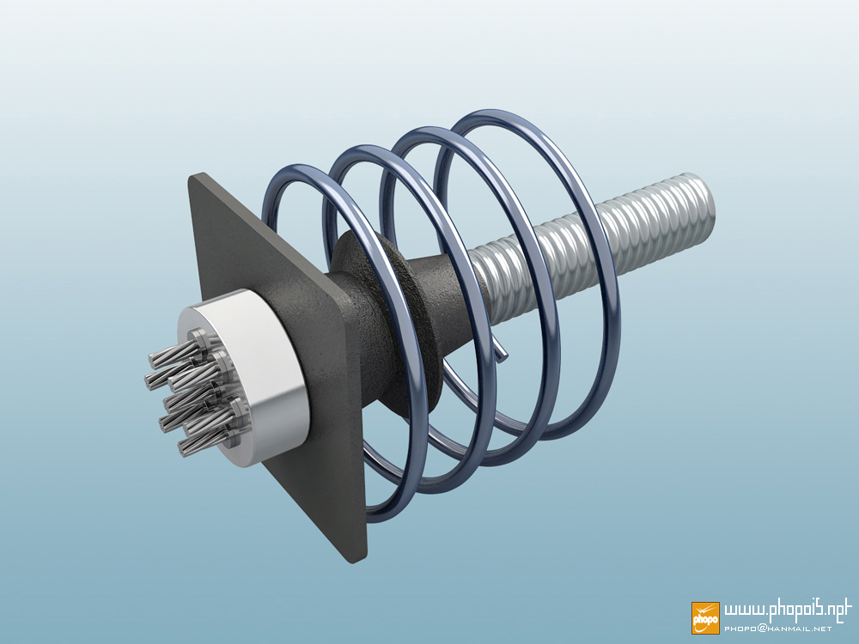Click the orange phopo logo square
click(x=705, y=617)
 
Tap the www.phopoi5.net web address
click(x=787, y=611)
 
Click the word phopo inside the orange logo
click(x=705, y=620)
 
